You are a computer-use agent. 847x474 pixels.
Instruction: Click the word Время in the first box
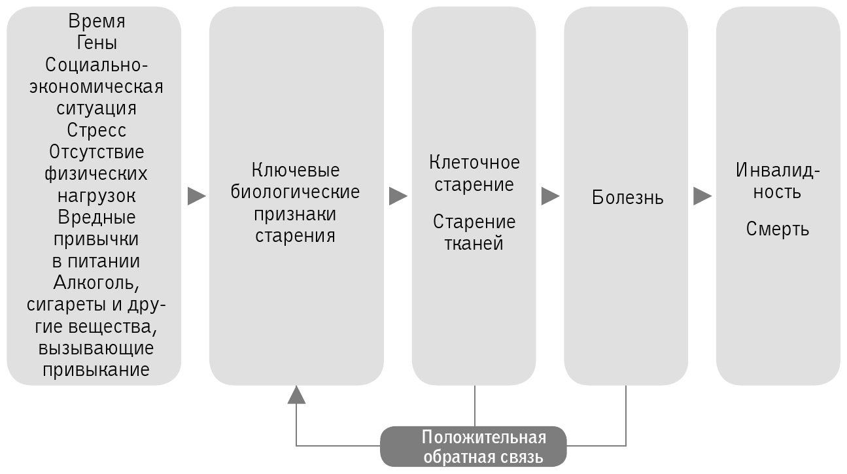96,21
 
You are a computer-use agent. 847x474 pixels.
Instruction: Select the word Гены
96,43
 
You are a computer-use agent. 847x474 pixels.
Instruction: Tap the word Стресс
96,129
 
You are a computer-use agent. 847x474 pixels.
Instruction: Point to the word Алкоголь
96,283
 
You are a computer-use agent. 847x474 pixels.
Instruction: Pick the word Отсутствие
96,152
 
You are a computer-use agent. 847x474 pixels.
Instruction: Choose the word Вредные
96,216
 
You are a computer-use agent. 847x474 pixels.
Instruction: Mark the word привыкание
96,369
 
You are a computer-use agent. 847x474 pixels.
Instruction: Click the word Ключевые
296,170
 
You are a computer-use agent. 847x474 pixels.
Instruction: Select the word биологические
296,192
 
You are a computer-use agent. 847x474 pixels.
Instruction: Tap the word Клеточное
474,161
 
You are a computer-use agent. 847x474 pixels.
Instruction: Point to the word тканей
474,244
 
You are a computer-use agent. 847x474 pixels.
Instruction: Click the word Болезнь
627,197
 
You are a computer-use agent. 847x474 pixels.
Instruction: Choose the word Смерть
778,229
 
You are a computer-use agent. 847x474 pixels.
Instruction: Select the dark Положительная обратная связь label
474,447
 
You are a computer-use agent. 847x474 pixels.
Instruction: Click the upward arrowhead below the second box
296,394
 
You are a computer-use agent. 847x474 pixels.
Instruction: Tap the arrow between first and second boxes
196,196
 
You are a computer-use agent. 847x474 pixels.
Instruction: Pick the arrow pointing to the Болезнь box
550,196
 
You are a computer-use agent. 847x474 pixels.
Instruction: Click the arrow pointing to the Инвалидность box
702,196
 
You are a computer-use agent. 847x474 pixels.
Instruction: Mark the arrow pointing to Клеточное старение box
398,196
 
